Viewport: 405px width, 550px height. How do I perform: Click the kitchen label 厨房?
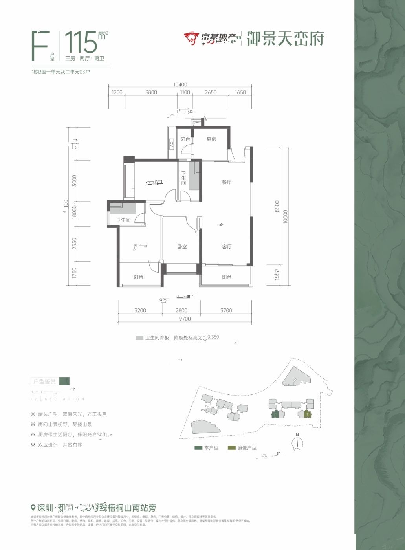pos(211,139)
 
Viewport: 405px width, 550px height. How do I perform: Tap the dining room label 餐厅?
pos(227,182)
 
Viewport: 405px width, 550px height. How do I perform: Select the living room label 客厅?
pos(227,247)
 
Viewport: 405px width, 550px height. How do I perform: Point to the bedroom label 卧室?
pos(181,247)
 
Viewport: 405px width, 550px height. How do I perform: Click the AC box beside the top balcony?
pos(172,144)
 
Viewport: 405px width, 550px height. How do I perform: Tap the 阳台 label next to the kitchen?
pos(185,139)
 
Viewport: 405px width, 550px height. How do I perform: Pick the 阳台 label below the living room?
pos(227,277)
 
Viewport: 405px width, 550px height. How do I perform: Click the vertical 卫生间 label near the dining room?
pos(183,179)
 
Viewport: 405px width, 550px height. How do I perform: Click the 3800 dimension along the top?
pos(151,93)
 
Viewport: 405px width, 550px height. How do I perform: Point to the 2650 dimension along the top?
pos(211,93)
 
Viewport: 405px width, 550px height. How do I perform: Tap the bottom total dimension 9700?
pos(184,319)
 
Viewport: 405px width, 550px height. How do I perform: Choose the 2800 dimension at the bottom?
pos(181,310)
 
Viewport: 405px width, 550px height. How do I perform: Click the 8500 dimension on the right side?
pos(277,206)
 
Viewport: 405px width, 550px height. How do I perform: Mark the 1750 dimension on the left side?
pos(74,273)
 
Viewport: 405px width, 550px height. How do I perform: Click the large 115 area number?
pos(81,42)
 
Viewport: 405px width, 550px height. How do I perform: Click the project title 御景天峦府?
pos(285,39)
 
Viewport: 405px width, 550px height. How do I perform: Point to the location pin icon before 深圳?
pos(33,507)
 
